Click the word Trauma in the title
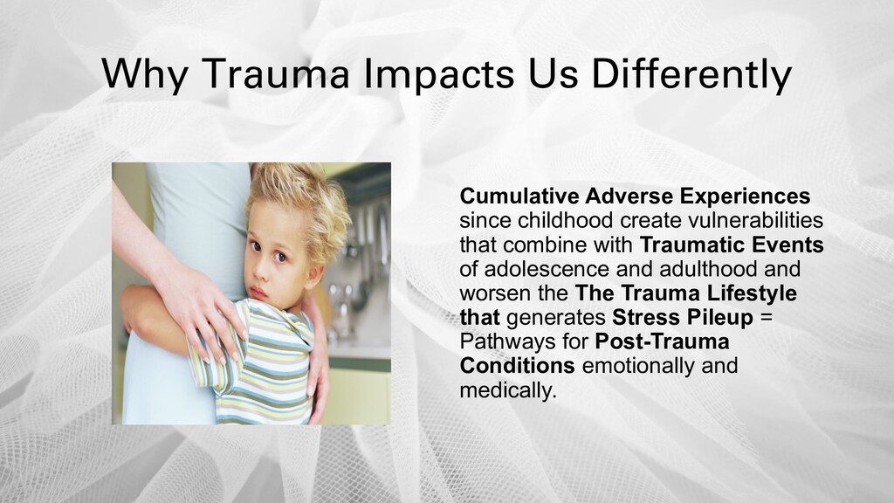point(275,73)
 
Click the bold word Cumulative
point(519,196)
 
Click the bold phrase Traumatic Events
point(732,245)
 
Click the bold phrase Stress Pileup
point(683,318)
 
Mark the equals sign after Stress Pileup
point(767,318)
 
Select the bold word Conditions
point(517,366)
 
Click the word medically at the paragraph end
point(507,391)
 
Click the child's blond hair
point(300,205)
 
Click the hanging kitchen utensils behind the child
point(368,239)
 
